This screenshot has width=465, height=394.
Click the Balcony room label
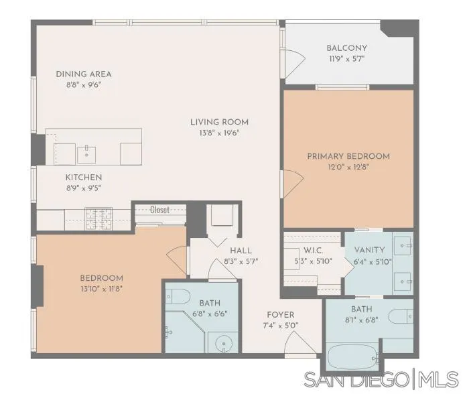coord(346,48)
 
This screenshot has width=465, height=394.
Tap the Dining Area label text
coord(84,74)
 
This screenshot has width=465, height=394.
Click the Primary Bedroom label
coord(348,156)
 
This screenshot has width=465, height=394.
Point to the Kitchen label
coord(84,177)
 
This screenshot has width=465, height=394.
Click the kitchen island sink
coord(87,153)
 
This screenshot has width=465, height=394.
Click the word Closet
coord(159,209)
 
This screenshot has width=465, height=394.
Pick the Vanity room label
coord(369,250)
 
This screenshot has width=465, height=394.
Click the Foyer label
coord(280,315)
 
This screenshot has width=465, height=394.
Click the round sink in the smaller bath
coord(223,343)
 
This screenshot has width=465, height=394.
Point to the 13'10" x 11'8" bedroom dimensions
coord(101,289)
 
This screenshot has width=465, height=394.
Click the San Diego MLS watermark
coord(381,379)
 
